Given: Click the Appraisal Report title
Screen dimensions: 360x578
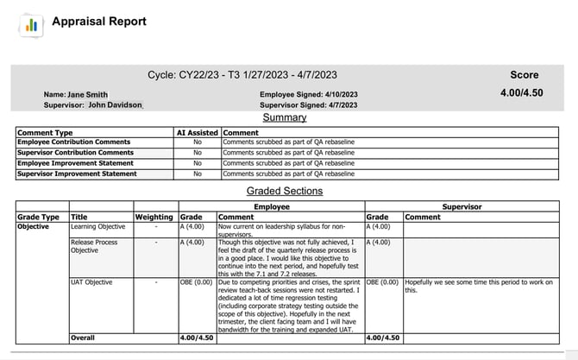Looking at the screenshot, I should coord(99,22).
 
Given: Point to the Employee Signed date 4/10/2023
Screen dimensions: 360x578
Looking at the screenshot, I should coord(332,94).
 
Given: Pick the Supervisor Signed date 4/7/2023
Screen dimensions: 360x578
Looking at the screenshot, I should coord(331,104).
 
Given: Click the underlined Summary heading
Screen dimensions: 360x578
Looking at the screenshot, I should coord(284,117).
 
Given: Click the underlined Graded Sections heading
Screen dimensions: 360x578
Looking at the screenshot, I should coord(284,191).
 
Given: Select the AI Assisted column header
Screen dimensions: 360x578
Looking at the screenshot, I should coord(198,133).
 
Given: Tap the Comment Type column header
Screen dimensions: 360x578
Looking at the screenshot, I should coord(45,133).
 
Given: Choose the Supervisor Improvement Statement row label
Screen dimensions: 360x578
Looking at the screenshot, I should coord(77,174).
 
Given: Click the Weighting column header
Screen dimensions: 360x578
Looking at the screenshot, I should coord(154,218).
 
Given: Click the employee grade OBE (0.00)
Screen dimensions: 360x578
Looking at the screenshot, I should coord(197,281).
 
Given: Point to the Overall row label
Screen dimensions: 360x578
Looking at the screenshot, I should coord(83,338).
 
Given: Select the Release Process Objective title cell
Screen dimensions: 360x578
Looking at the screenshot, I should coord(94,247).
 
